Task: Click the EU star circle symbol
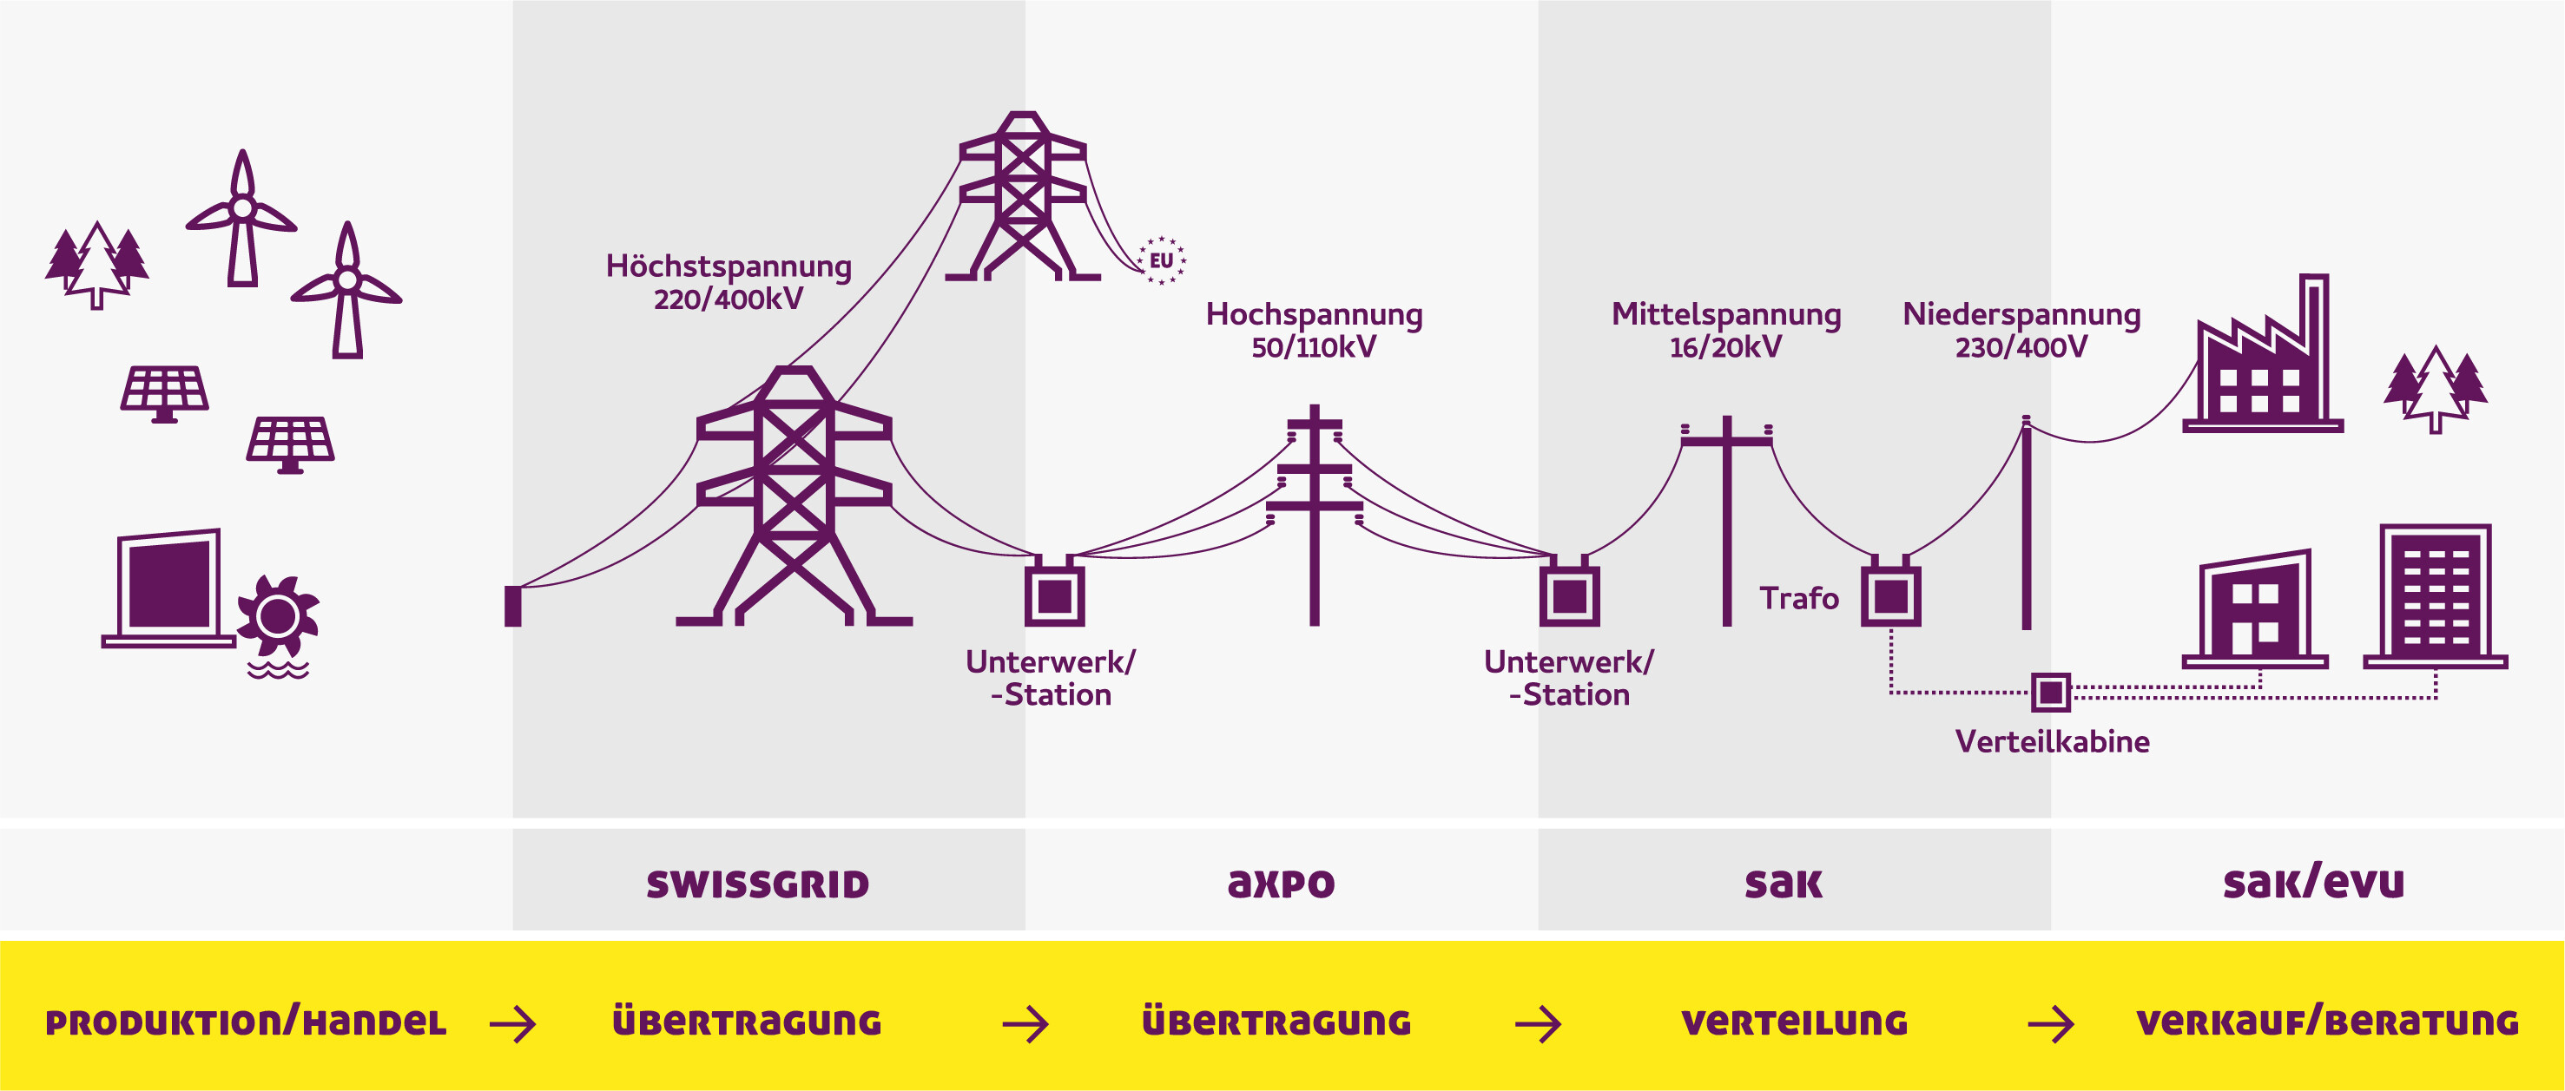coord(1161,260)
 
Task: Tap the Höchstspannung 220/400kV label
coord(729,283)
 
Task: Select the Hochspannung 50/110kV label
coord(1314,331)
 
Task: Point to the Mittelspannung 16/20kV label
coord(1725,331)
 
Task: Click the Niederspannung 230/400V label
coord(2021,331)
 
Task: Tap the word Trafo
coord(1798,598)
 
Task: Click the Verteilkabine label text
coord(2051,741)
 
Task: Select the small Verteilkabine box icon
coord(2050,692)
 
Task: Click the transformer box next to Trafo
coord(1890,595)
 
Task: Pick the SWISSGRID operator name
coord(758,884)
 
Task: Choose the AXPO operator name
coord(1281,884)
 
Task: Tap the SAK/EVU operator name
coord(2313,883)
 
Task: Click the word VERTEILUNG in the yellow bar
coord(1794,1022)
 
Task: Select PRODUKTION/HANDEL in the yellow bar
coord(246,1022)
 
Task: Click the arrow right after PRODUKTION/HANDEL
coord(513,1023)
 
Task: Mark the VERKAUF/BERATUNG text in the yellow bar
coord(2327,1022)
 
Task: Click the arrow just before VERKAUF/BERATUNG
coord(2050,1023)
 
